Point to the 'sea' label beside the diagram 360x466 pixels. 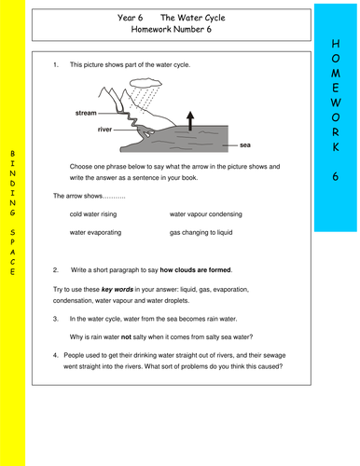245,145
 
